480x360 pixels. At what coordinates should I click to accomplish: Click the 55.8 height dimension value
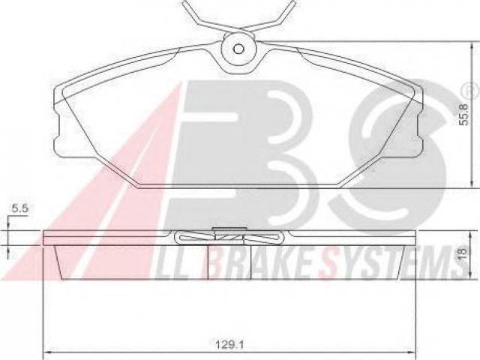coord(465,114)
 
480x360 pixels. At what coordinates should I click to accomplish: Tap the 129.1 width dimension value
coord(229,345)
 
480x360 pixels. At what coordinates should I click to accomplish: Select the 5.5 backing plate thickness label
coord(20,208)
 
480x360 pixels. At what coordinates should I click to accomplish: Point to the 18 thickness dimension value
coord(463,253)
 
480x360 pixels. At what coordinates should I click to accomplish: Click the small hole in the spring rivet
coord(238,49)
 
